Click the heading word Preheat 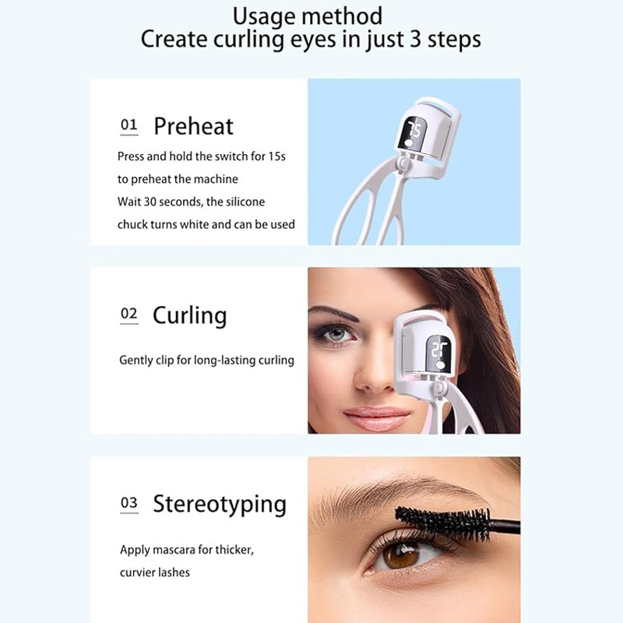tap(193, 126)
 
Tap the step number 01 tap(128, 125)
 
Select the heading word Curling tap(190, 316)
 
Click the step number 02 tap(128, 314)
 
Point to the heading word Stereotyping tap(220, 505)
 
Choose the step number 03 tap(128, 502)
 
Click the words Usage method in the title tap(308, 17)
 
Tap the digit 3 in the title tap(416, 40)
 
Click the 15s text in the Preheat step tap(276, 157)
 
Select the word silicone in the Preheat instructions tap(245, 202)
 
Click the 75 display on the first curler tap(414, 131)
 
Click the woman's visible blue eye tap(336, 333)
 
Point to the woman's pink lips tap(376, 419)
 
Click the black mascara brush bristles tap(443, 523)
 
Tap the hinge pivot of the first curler tap(403, 163)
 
